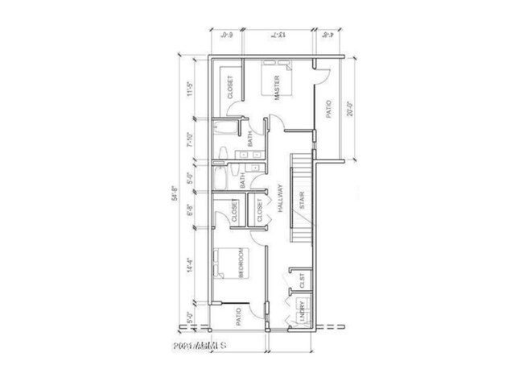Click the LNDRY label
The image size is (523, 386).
[303, 310]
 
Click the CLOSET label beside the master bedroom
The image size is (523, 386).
[230, 87]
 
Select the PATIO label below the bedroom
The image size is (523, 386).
[240, 316]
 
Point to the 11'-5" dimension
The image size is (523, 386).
[190, 87]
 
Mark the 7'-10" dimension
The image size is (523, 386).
[190, 141]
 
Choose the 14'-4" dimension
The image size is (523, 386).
[190, 266]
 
